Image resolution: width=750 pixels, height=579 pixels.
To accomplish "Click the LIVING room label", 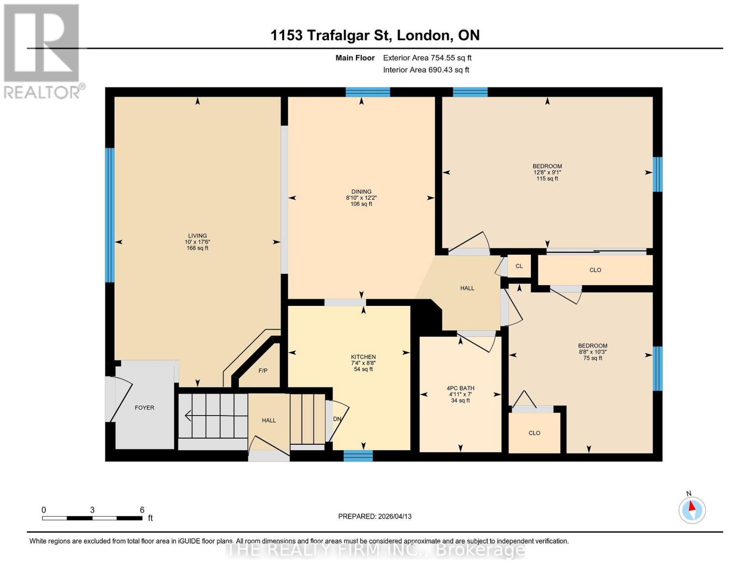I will point(198,236).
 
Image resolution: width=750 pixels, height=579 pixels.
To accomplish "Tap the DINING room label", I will point(361,192).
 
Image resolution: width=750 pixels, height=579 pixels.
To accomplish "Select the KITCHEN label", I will point(363,357).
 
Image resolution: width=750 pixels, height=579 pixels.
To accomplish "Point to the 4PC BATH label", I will point(460,388).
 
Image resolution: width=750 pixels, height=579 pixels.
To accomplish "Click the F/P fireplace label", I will point(263,371).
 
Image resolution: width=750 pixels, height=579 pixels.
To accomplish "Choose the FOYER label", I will point(144,408).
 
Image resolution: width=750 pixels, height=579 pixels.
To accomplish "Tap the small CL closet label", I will point(519,266).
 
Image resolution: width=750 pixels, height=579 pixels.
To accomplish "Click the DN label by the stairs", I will point(337,419).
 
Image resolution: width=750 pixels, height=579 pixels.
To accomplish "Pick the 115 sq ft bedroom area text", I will point(547,179).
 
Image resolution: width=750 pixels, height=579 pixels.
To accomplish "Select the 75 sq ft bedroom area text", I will point(593,358).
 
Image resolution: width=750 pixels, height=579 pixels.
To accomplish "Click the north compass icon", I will point(692,510).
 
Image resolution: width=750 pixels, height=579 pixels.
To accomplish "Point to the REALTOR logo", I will point(42,51).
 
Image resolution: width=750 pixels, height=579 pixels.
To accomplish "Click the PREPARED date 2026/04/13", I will point(375,516).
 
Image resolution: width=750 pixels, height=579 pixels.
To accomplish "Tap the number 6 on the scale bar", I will point(142,510).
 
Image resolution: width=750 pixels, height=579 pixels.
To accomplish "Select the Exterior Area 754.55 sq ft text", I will point(427,58).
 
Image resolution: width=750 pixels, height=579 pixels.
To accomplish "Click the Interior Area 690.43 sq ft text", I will point(426,70).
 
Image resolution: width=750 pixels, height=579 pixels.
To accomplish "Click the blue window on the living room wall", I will point(110,215).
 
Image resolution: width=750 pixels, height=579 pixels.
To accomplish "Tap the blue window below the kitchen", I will point(358,455).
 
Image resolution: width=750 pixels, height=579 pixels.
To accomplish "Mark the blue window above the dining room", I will point(368,92).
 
